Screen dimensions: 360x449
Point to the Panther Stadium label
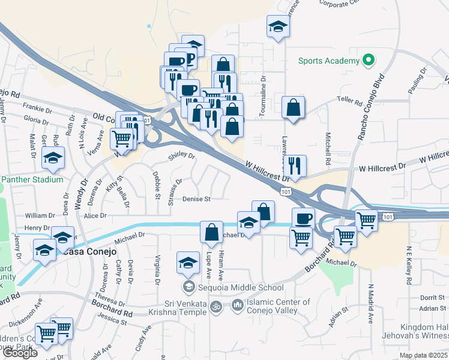(32, 179)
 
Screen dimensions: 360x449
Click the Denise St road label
(196, 199)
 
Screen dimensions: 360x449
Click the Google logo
(19, 353)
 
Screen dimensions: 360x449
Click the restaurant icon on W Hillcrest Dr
(294, 165)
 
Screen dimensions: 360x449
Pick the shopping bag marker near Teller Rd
(292, 108)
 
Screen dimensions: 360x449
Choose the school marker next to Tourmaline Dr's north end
(277, 28)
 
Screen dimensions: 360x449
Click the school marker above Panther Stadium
(53, 159)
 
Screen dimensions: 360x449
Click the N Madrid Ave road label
(371, 302)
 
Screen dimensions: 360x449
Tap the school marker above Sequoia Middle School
(188, 263)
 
